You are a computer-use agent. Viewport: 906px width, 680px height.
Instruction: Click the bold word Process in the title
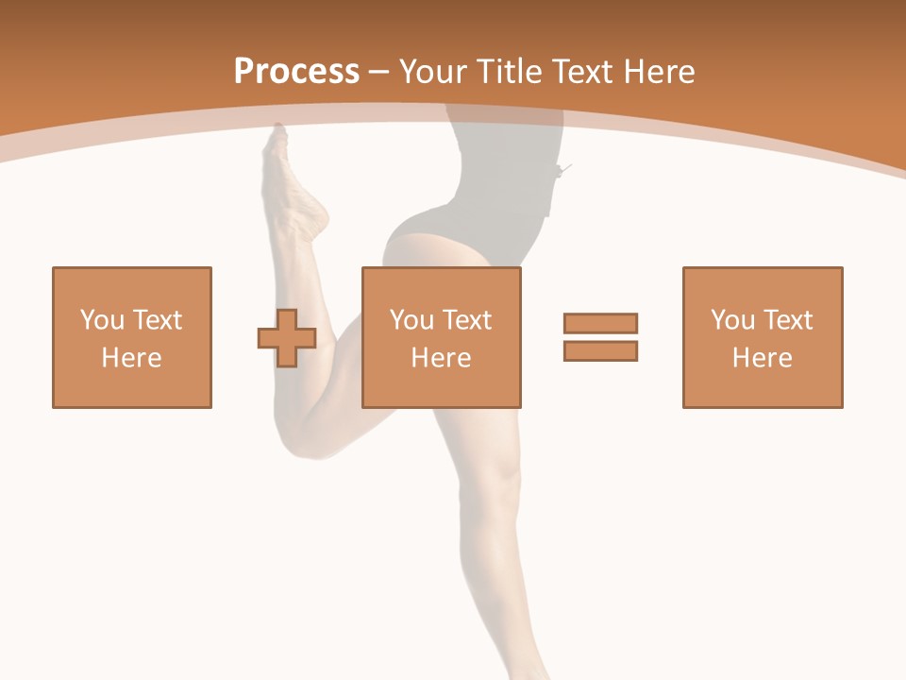[x=296, y=72]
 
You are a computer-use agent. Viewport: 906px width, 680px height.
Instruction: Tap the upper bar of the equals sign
[x=600, y=323]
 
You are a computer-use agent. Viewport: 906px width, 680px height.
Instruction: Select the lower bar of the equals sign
[x=600, y=350]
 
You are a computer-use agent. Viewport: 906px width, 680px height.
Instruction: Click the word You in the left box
[x=102, y=320]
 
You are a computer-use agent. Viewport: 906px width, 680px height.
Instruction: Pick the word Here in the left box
[x=131, y=358]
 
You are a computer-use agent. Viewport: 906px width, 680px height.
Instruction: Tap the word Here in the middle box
[x=441, y=358]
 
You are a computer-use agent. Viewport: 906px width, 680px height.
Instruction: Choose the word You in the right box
[x=732, y=320]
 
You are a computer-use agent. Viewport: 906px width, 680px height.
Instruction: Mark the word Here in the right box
[x=762, y=358]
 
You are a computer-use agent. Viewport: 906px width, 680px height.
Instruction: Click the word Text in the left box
[x=157, y=320]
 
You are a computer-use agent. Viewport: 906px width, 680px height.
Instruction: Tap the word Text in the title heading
[x=581, y=72]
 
